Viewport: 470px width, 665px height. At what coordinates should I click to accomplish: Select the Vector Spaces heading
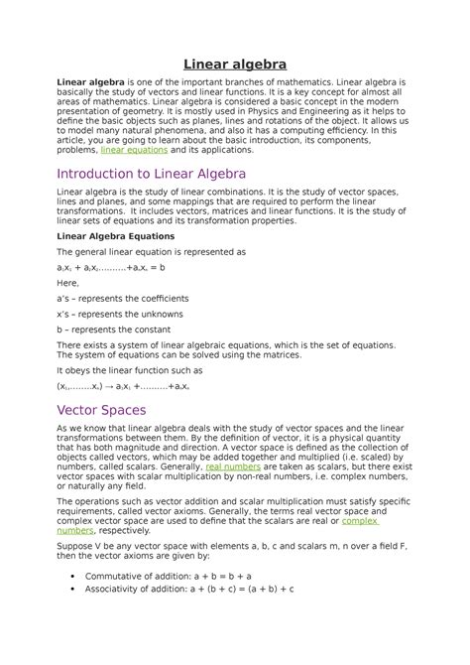(102, 408)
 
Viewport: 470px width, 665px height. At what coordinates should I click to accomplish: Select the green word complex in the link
(361, 519)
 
